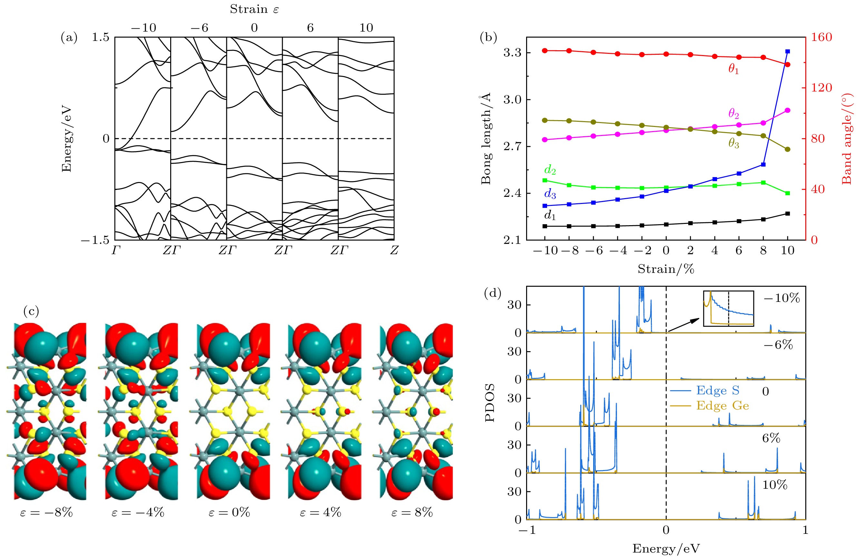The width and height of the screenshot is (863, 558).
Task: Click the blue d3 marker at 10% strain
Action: [787, 52]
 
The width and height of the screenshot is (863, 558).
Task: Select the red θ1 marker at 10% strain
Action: [787, 64]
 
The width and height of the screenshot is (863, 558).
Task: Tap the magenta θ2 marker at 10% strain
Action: [787, 110]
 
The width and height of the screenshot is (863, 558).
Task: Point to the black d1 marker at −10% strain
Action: [544, 226]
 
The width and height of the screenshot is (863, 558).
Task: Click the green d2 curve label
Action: [550, 169]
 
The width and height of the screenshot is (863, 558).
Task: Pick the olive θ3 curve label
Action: [734, 143]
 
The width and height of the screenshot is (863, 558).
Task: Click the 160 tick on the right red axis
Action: [821, 37]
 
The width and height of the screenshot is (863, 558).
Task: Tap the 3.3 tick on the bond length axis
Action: [512, 53]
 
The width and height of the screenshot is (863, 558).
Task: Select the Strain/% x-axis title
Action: [665, 269]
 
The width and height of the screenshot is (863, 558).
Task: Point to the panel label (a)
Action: [69, 37]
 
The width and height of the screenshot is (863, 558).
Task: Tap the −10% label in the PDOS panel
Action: [781, 298]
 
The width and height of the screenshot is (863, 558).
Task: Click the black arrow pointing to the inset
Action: [683, 325]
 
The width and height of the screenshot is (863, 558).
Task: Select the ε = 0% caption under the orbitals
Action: [229, 512]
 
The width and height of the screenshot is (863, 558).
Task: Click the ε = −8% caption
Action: [46, 512]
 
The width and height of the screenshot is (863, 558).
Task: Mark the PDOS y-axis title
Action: [489, 402]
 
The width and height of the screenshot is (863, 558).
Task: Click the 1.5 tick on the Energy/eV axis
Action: [100, 37]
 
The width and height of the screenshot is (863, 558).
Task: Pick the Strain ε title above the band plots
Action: [254, 9]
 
